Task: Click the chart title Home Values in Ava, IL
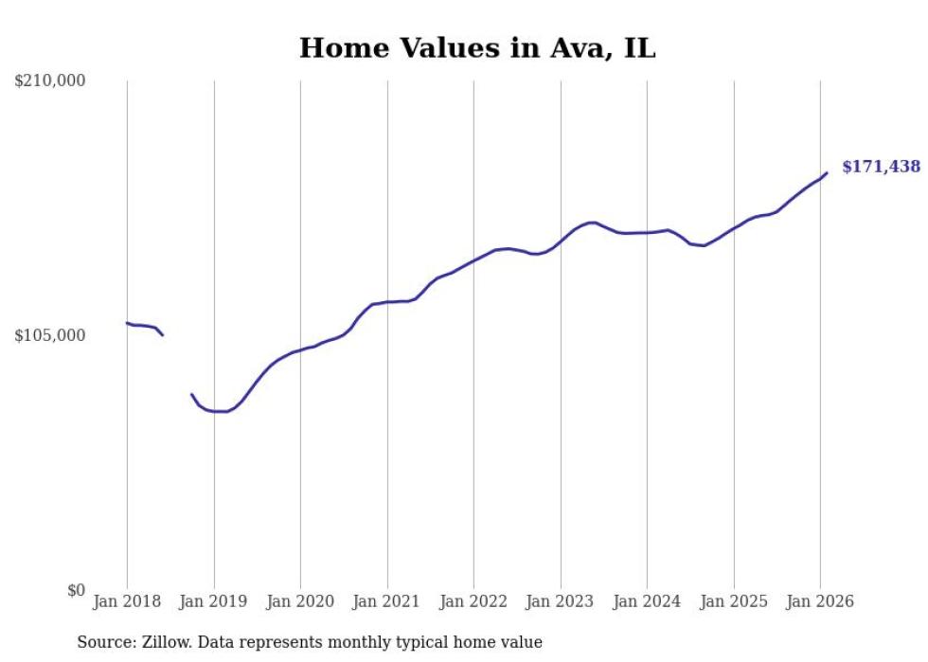click(x=477, y=48)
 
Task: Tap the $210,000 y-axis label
click(x=50, y=81)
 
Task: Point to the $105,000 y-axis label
click(x=50, y=335)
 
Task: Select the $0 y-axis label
click(x=76, y=590)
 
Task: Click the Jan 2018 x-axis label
click(x=127, y=601)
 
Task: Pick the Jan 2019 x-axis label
click(x=213, y=601)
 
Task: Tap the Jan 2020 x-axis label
click(x=300, y=601)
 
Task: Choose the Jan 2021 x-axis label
click(x=386, y=601)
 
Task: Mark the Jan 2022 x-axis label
click(x=473, y=601)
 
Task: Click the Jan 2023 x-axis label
click(x=560, y=601)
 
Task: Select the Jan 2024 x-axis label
click(x=647, y=601)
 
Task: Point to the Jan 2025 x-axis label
click(x=733, y=601)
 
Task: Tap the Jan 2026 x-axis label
click(x=820, y=601)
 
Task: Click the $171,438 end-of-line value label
click(x=881, y=167)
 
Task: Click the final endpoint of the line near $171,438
click(x=827, y=172)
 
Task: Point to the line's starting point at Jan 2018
click(x=127, y=323)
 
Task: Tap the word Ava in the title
click(x=581, y=48)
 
